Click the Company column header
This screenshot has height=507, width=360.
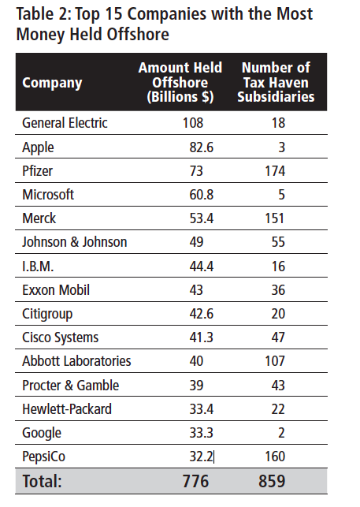point(52,83)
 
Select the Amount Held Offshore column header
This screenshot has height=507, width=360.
point(180,82)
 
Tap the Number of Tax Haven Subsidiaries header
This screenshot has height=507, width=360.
point(276,82)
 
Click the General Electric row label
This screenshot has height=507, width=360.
point(65,123)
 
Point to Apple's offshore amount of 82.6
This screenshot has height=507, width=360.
point(202,147)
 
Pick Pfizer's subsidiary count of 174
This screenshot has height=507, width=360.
point(275,171)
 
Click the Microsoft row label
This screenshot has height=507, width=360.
point(48,194)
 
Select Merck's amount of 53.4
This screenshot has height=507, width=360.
point(202,218)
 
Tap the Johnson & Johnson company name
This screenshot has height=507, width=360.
point(75,242)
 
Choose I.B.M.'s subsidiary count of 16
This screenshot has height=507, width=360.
point(278,267)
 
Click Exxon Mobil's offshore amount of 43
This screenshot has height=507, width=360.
point(196,290)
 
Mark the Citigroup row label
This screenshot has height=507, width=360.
point(47,315)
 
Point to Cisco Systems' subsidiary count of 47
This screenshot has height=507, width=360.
point(278,337)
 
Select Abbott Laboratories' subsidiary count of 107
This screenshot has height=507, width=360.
point(275,361)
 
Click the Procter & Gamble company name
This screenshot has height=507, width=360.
point(70,385)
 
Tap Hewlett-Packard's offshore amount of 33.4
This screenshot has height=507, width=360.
point(202,409)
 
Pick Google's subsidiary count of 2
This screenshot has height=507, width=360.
point(281,433)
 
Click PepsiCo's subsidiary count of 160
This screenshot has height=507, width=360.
point(275,457)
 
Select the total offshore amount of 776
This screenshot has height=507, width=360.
point(196,481)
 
